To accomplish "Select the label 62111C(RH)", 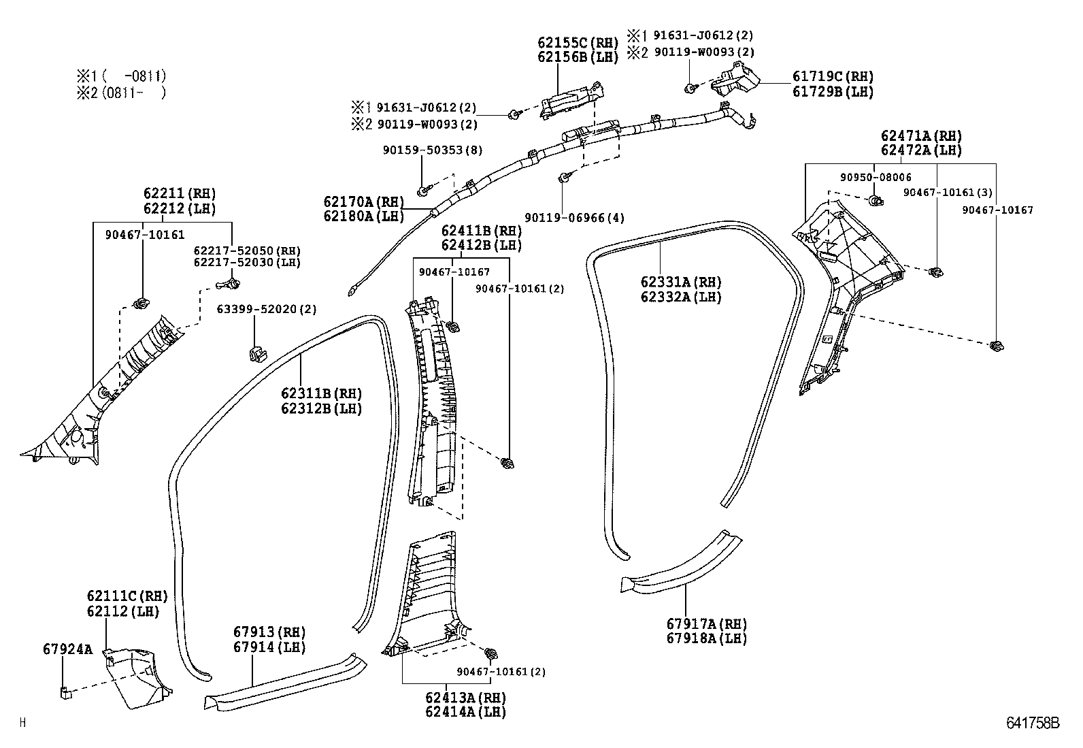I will pos(127,597).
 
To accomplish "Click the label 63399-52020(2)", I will pos(267,309).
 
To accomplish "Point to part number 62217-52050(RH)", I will pos(246,250).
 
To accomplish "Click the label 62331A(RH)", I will pos(680,282).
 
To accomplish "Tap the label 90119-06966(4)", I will pos(574,218).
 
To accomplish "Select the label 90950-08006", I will pos(875,177).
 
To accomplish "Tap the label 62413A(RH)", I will pos(465,698).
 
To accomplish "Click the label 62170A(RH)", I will pos(363,201).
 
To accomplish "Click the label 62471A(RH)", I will pos(921,136).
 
